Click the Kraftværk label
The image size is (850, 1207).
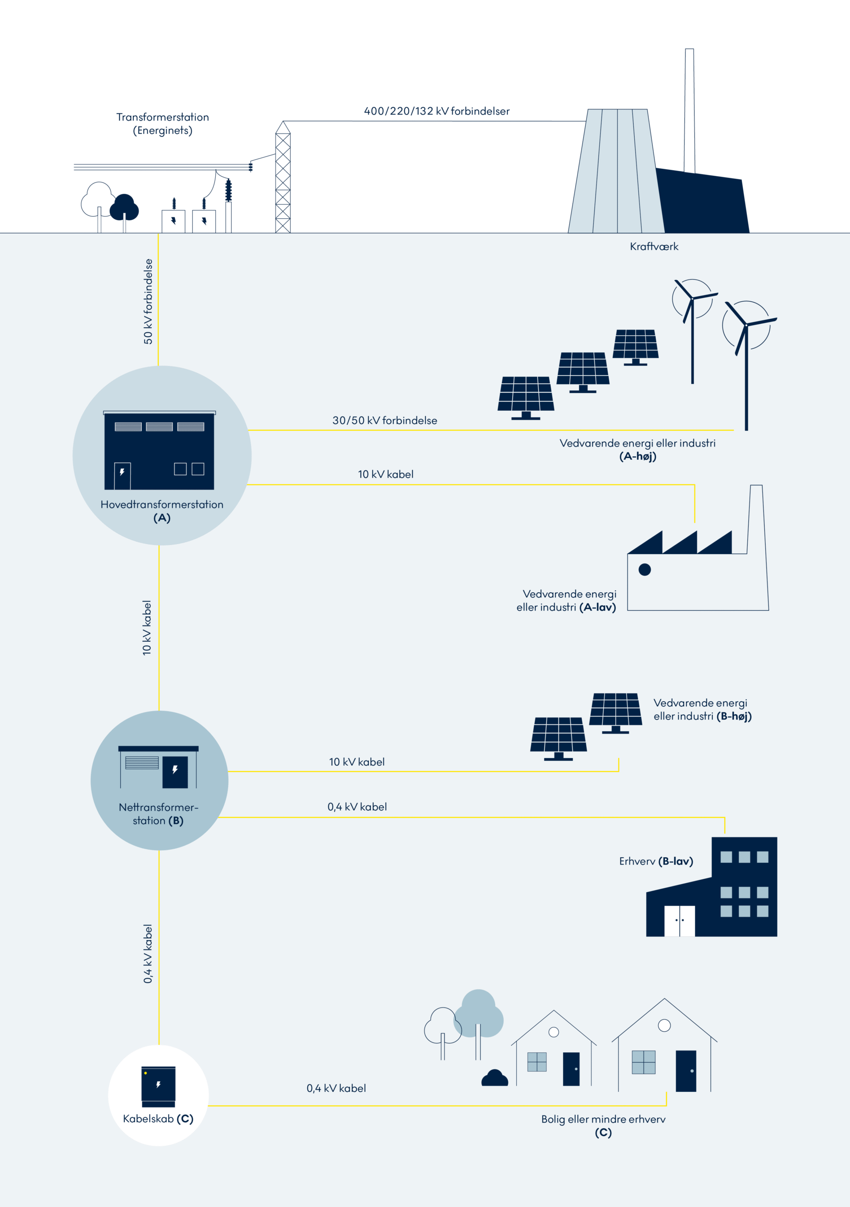654,247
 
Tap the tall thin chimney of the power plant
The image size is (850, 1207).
689,110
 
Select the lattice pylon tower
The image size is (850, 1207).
283,179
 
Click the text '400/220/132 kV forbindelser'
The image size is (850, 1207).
437,111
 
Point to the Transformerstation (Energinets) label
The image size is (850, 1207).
163,124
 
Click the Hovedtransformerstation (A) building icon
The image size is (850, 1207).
159,451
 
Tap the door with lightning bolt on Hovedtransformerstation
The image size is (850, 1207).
123,476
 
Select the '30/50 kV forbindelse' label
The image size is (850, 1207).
384,421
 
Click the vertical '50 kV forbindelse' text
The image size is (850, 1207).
148,301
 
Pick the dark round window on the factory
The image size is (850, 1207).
645,570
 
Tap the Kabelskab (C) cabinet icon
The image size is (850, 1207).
158,1086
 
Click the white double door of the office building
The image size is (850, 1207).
679,920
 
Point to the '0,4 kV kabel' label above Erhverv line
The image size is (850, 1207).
357,807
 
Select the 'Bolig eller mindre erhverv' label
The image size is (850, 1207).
603,1119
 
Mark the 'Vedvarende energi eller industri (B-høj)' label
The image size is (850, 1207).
703,709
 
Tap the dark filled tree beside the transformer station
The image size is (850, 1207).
124,207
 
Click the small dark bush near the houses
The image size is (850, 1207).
495,1079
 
